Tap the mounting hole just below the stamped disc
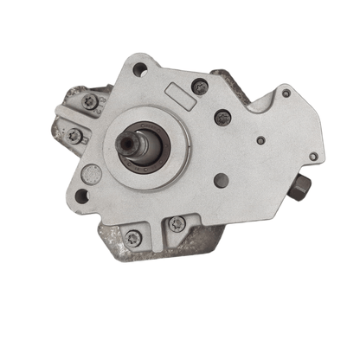(83, 196)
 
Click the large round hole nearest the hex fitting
(222, 181)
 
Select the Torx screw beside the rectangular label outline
(200, 86)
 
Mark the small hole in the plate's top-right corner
(286, 93)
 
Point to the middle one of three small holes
(260, 138)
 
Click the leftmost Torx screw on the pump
(74, 135)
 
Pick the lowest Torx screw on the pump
(132, 238)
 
